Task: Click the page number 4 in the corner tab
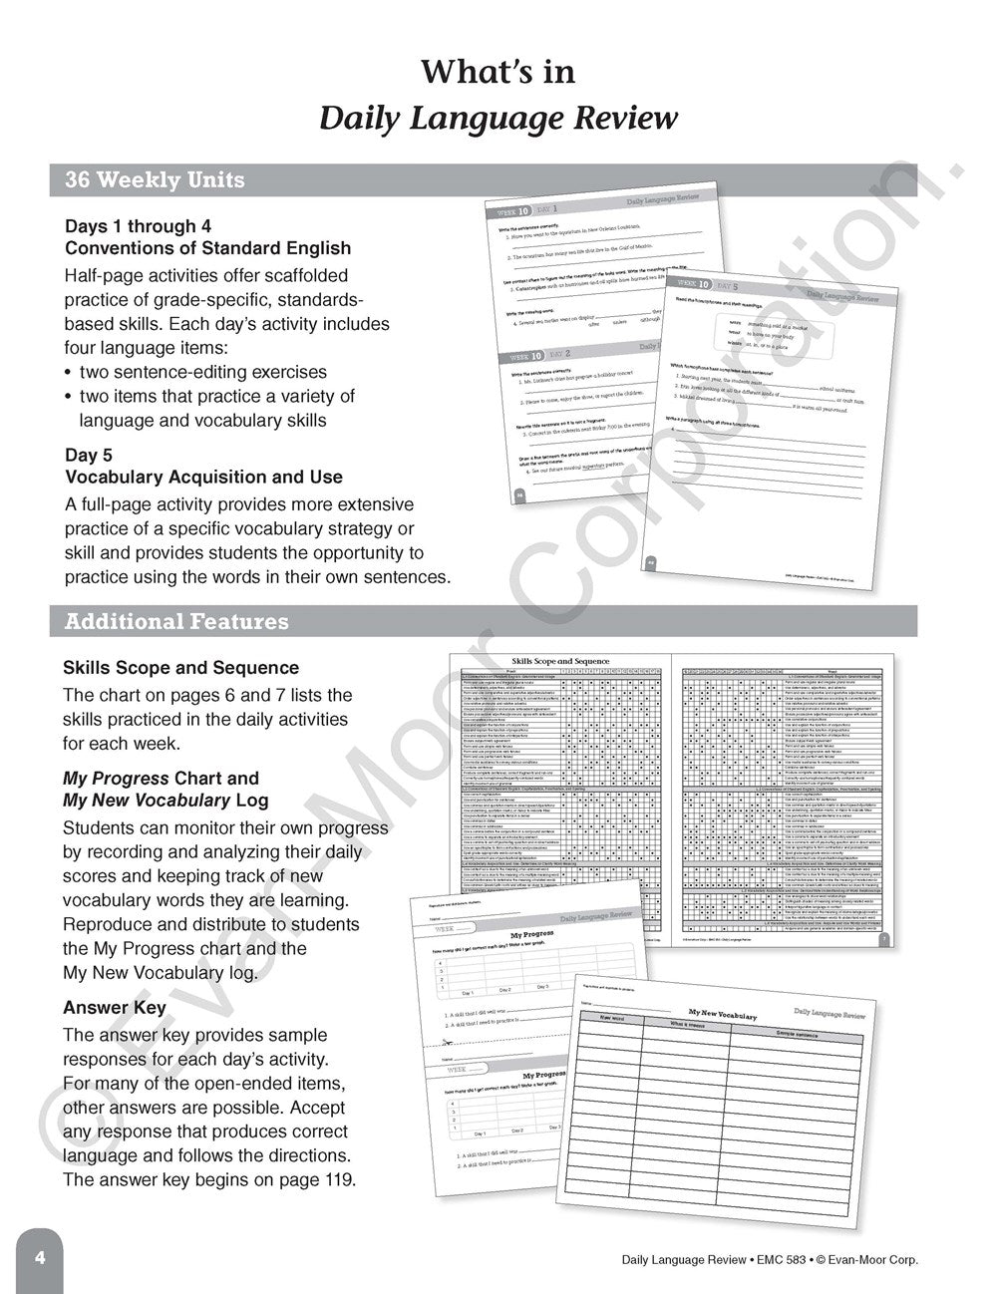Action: [40, 1257]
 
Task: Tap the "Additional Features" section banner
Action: [176, 621]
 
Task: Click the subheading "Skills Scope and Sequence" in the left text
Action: [180, 668]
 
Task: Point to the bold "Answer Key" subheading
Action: [115, 1008]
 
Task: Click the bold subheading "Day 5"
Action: [89, 456]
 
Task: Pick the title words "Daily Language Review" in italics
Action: [498, 119]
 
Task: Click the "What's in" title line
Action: [498, 72]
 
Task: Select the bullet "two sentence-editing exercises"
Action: [202, 372]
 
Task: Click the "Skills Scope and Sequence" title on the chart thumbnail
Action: [561, 660]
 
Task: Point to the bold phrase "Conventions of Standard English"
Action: [207, 248]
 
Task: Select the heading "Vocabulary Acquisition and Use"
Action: [203, 478]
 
